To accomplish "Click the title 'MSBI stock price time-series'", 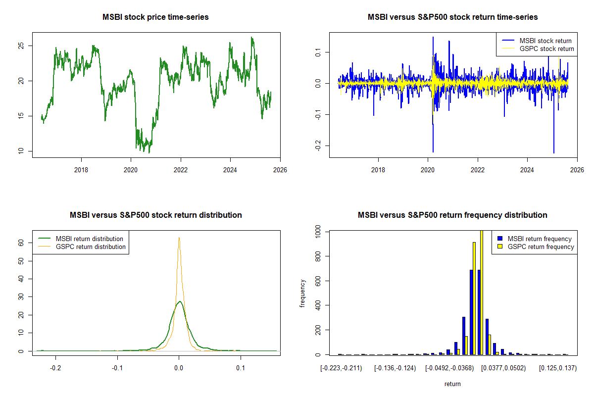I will (x=155, y=17).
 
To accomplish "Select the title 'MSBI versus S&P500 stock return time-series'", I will (x=452, y=17).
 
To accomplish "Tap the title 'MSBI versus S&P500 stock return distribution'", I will (x=155, y=215).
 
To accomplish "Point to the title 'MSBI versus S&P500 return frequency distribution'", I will (x=452, y=215).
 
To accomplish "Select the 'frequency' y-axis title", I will (x=302, y=293).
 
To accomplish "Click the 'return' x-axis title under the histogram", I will (x=452, y=384).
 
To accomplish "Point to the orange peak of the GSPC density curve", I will (x=179, y=238).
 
